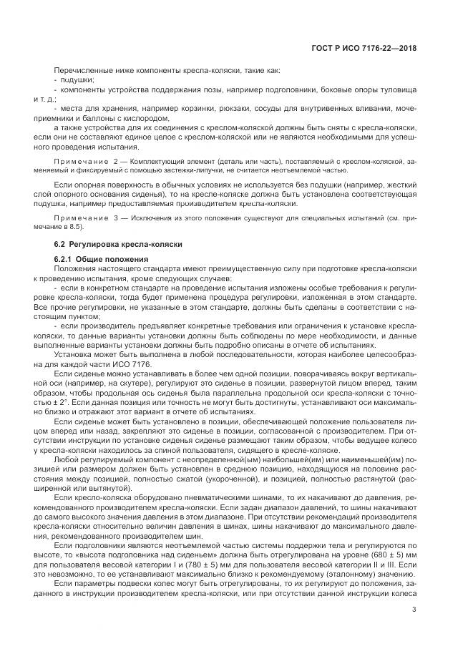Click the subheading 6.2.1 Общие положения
pyautogui.click(x=101, y=258)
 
